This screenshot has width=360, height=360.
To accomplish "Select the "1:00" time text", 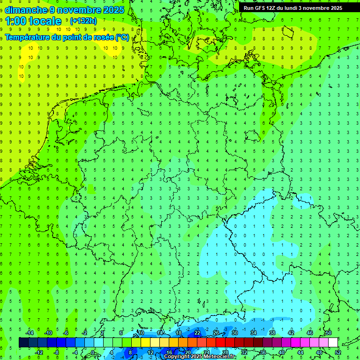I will (x=16, y=21).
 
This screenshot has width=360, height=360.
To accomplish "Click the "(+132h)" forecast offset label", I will (x=83, y=21).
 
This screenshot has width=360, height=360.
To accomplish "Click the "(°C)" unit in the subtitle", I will (x=122, y=37).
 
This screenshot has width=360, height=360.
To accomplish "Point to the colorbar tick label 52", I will (x=337, y=352).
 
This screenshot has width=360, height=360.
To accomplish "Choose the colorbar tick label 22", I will (x=197, y=333).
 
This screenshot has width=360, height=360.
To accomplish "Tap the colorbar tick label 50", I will (x=328, y=333).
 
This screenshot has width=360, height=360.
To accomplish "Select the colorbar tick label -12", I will (x=39, y=352).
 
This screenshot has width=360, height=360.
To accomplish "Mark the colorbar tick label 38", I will (x=272, y=333).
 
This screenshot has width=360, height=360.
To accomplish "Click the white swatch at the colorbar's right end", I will (x=333, y=343).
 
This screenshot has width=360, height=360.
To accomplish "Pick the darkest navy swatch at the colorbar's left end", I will (x=23, y=343).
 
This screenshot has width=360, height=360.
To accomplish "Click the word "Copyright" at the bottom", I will (x=177, y=357).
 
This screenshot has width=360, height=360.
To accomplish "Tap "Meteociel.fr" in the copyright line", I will (x=219, y=357).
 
